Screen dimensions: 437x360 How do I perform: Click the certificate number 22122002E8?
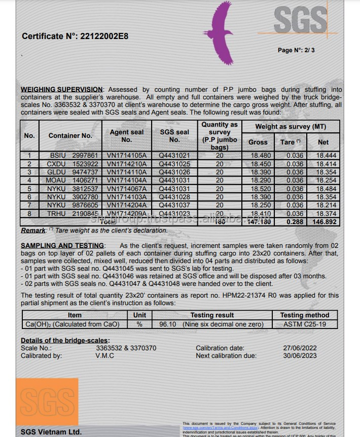tap(103, 36)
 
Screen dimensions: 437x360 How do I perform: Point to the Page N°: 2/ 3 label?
tap(296, 50)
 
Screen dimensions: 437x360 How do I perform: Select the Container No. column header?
tap(70, 135)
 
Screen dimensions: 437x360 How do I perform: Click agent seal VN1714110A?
tap(127, 172)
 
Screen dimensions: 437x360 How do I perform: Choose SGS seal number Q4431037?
tap(174, 205)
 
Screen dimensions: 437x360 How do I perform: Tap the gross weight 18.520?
tap(258, 189)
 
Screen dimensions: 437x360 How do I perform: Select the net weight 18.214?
tap(323, 205)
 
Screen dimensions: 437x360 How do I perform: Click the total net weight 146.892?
tap(323, 222)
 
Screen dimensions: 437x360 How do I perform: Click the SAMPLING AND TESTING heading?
tap(62, 245)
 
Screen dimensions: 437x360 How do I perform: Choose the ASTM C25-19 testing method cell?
tap(305, 323)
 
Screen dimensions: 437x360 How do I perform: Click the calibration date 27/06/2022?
tap(300, 348)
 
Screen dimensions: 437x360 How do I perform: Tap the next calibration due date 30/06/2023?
tap(300, 355)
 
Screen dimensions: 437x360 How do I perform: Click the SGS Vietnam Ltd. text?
tap(51, 432)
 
